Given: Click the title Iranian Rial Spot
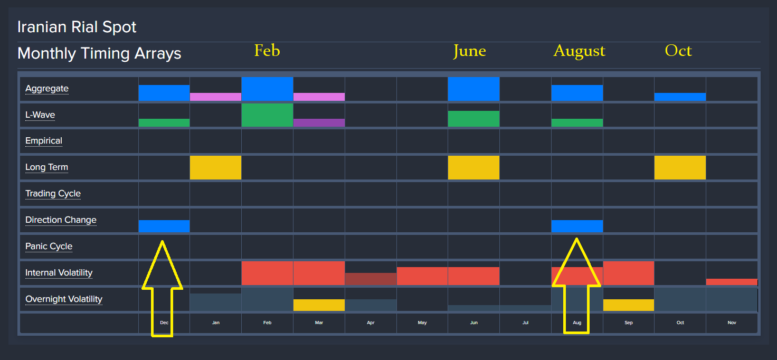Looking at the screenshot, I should pos(77,27).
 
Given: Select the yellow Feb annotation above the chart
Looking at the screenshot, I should pos(267,51).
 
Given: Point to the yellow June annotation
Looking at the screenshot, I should pos(469,51).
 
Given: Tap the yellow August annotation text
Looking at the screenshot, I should pos(579,51).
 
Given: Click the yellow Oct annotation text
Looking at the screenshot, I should pos(678,51).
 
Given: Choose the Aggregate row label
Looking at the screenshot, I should pos(47,89).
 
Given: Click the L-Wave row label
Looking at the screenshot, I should pos(40,115).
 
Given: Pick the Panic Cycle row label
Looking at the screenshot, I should pos(49,247).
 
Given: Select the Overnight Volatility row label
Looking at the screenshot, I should pos(64,299).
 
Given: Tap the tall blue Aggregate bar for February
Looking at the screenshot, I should pos(267,89).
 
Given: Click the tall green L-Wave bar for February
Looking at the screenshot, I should pos(267,115).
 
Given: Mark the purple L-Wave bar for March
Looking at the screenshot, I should pos(319,122).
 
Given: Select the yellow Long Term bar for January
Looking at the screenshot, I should pos(215,167).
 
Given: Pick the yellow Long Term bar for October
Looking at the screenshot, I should pos(680,167).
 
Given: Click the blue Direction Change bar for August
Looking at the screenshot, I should pos(577,226).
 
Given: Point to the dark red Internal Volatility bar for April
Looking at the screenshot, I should pos(371,279).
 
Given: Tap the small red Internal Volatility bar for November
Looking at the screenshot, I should pos(732,282).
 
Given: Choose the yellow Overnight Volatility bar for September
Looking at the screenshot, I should pos(628,305).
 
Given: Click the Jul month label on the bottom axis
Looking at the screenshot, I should pos(525,323).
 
